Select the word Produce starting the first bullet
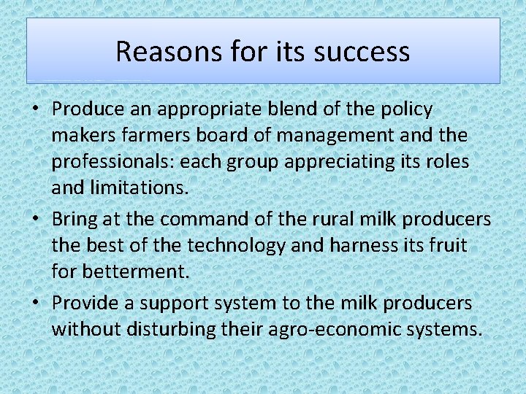coord(87,109)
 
